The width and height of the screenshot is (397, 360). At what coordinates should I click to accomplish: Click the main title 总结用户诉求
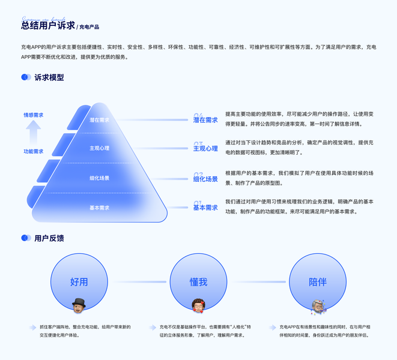pos(48,25)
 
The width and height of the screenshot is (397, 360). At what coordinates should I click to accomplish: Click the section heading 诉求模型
pos(49,77)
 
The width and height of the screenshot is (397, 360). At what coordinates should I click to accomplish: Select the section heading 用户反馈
pos(49,238)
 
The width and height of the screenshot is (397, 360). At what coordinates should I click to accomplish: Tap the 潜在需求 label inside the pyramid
pos(100,120)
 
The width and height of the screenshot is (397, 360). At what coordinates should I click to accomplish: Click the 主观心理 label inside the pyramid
pos(100,148)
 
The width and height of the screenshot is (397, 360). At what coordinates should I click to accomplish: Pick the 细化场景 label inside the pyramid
pos(100,178)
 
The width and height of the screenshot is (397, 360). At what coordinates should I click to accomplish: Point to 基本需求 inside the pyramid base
pos(100,208)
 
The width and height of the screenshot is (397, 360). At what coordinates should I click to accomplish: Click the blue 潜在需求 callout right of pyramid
pos(205,120)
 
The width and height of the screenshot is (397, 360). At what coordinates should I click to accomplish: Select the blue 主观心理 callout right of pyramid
pos(205,148)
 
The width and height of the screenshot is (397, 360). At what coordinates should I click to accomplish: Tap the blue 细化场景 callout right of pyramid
pos(205,179)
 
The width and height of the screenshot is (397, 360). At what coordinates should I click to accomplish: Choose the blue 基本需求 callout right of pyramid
pos(205,208)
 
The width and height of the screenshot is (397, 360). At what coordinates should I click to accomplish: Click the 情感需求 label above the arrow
pos(34,115)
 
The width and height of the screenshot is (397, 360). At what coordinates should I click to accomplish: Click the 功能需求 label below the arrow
pos(34,151)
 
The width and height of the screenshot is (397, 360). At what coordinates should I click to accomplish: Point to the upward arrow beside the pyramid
pos(34,133)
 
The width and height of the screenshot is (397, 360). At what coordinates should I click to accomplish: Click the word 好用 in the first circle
pos(79,282)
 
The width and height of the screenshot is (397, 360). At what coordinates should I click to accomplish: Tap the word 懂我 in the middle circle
pos(198,282)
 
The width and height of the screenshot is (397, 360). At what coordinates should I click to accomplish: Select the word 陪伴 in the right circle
pos(318,282)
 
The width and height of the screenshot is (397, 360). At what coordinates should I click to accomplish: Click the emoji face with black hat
pos(78,305)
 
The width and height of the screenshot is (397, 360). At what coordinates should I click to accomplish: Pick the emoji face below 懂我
pos(198,305)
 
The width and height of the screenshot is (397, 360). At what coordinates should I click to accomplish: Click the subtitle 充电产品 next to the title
pos(89,27)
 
